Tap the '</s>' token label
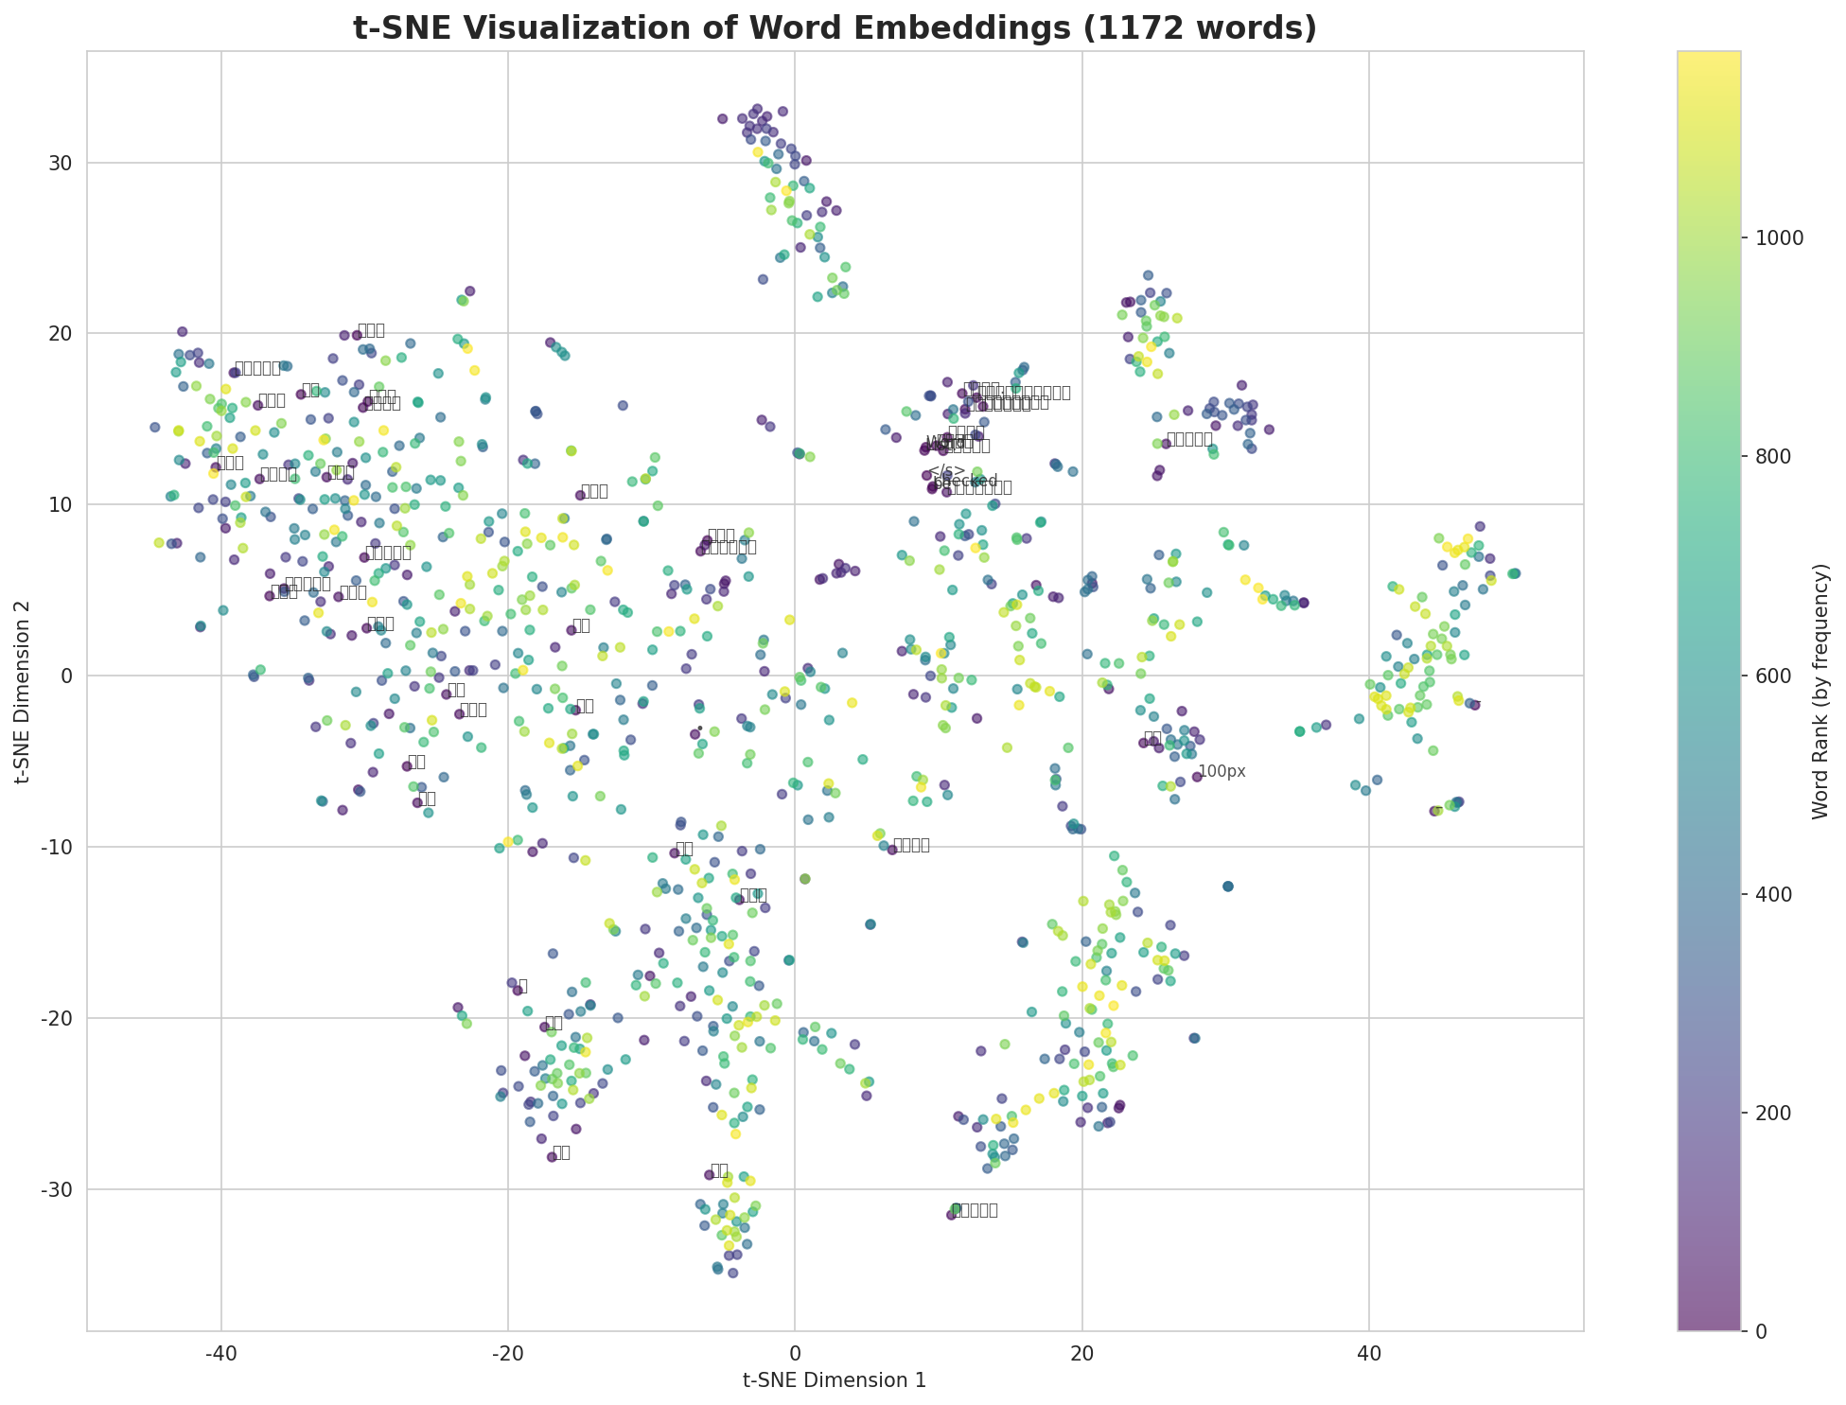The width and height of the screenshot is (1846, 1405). click(x=946, y=470)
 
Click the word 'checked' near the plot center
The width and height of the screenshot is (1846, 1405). click(x=966, y=482)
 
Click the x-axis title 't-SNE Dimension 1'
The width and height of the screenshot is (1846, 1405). click(x=834, y=1380)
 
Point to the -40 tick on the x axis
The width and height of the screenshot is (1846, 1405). click(x=220, y=1352)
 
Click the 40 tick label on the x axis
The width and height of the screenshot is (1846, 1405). click(x=1368, y=1352)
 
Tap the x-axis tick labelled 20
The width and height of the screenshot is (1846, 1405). click(x=1081, y=1352)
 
